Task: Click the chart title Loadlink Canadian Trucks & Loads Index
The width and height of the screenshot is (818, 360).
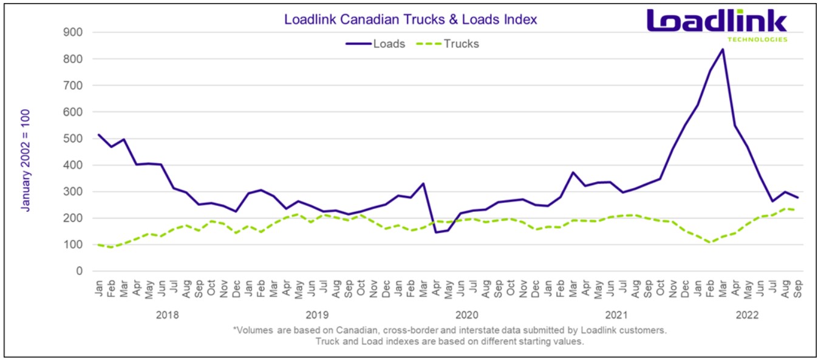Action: tap(411, 19)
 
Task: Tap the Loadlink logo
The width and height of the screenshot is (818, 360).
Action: tap(717, 22)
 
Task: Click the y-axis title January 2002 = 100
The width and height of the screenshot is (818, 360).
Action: tap(26, 160)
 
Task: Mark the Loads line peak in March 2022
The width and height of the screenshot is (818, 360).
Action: tap(722, 49)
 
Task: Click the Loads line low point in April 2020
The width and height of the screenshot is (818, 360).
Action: tap(436, 233)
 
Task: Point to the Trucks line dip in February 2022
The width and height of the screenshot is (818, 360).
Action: tap(709, 242)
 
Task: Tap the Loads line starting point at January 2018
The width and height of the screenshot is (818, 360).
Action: tap(99, 134)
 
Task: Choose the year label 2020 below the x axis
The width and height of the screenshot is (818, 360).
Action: tap(466, 315)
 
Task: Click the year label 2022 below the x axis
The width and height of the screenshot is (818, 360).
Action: tap(746, 315)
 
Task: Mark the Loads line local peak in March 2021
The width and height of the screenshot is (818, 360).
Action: tap(573, 172)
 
